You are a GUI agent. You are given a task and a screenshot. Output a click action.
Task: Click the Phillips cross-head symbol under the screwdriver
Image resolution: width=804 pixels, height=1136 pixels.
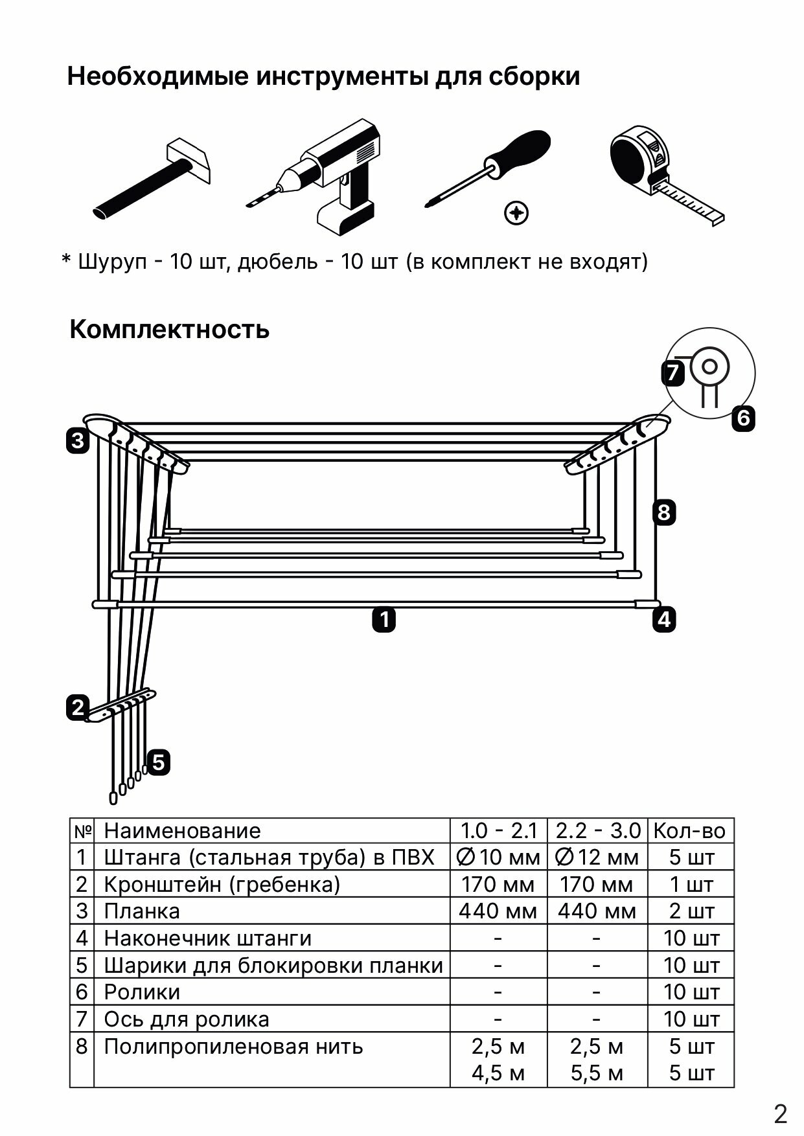tap(516, 212)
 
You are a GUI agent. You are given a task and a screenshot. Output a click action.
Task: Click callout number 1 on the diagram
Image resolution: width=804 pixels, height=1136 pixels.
tap(384, 620)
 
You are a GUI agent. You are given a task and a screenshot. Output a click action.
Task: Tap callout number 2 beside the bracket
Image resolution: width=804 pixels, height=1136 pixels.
tap(78, 707)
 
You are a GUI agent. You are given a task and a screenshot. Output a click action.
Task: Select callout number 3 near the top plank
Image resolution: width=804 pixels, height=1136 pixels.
tap(78, 441)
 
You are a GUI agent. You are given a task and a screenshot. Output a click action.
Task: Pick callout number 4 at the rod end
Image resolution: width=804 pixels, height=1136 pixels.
tap(665, 620)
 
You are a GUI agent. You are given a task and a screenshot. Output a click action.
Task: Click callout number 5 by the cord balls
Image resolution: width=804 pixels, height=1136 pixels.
tap(159, 762)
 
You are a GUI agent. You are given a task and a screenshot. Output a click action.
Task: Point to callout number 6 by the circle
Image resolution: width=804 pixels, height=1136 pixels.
tap(743, 418)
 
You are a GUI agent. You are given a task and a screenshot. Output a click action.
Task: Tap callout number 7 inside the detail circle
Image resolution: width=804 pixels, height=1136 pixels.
tap(673, 372)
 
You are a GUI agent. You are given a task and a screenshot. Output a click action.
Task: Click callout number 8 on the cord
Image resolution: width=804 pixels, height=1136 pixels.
tap(663, 512)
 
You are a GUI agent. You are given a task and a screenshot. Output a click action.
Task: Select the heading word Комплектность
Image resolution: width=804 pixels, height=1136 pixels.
tap(169, 329)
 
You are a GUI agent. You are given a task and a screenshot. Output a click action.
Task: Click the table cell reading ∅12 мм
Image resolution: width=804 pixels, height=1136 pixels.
tap(597, 858)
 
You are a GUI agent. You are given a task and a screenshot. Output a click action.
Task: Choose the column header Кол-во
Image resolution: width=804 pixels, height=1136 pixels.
tap(690, 830)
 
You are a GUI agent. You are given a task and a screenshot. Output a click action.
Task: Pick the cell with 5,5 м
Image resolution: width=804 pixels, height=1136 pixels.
tap(597, 1073)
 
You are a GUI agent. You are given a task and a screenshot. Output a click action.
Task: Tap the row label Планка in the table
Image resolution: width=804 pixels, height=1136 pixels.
tap(142, 911)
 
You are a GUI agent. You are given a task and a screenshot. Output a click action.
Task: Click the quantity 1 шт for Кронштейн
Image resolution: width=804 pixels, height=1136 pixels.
tap(691, 884)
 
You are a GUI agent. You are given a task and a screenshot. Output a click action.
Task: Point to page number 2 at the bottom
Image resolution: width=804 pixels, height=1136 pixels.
tap(781, 1114)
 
